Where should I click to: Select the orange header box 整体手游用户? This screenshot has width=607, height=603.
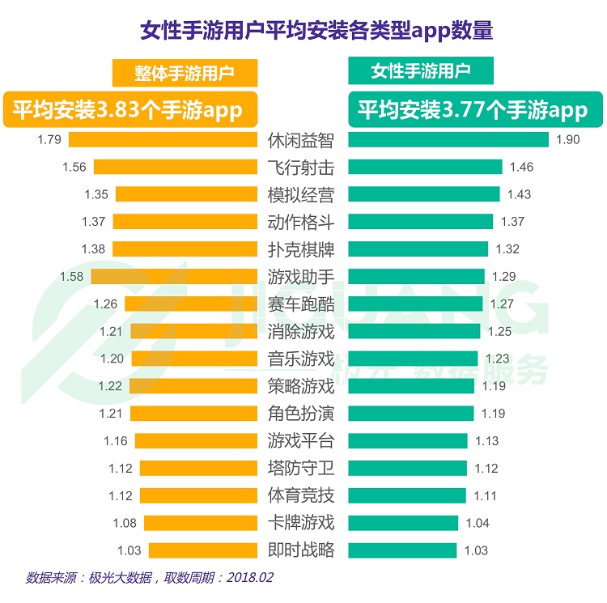[185, 73]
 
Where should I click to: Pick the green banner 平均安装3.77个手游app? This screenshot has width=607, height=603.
[473, 109]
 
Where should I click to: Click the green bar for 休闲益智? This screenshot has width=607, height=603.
[448, 139]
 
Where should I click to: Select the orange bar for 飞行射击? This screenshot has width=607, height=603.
[175, 167]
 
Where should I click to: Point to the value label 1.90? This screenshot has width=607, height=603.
[568, 139]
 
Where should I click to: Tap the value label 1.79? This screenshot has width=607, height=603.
[49, 139]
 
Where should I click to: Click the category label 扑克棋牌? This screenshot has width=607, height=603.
[301, 249]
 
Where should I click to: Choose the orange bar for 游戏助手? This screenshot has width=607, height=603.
[173, 277]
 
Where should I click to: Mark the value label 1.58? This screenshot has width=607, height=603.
[72, 277]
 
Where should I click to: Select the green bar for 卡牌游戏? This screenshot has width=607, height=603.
[403, 523]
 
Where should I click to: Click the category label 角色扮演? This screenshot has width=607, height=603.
[301, 414]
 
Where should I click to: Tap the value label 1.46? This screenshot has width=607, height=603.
[521, 167]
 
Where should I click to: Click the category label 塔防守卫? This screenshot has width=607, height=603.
[301, 468]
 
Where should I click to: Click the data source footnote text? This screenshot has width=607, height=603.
[150, 580]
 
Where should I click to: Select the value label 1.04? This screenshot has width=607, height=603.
[478, 523]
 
